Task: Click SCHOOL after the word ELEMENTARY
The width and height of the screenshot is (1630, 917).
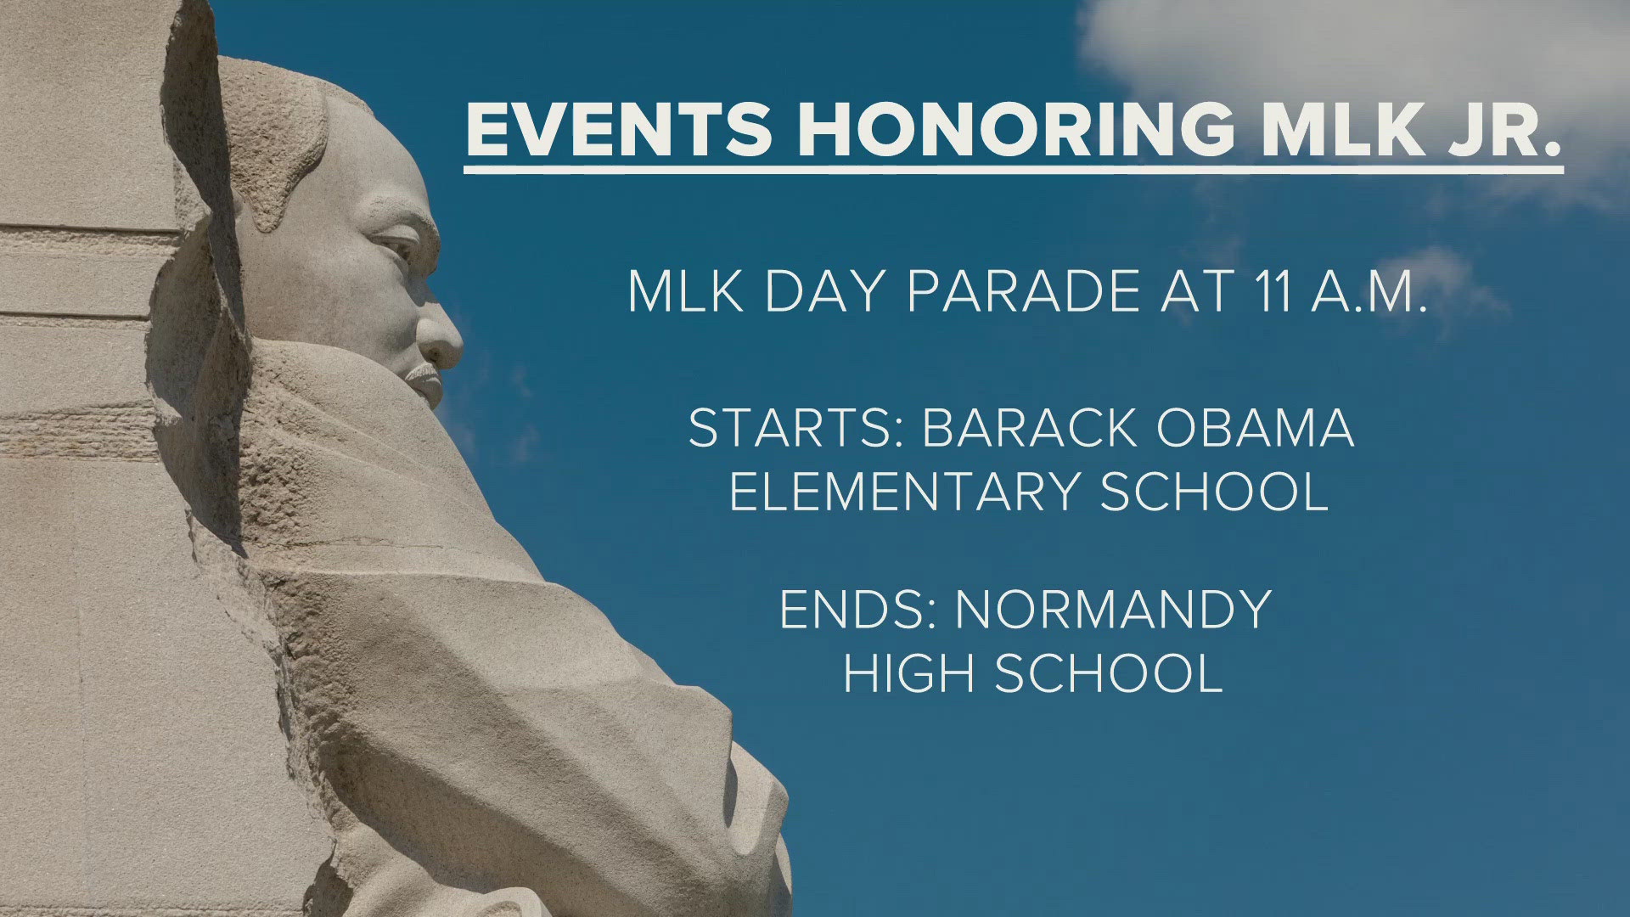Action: [x=1214, y=492]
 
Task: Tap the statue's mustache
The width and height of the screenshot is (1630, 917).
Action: [x=421, y=374]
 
